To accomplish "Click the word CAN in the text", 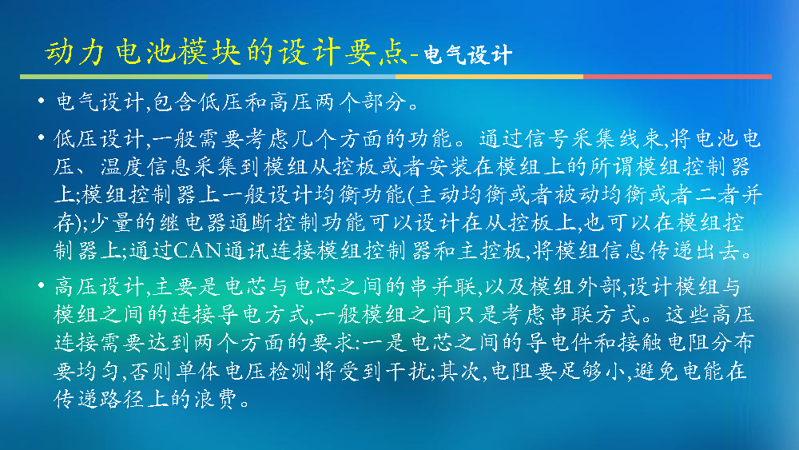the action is pos(197,250).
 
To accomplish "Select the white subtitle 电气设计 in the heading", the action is pos(467,55).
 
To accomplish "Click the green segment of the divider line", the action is pos(113,77).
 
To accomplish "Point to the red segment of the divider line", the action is pos(678,77).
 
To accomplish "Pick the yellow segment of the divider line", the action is pos(489,77).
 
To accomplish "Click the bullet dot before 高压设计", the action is pos(42,285).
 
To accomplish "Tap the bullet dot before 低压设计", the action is pos(42,137).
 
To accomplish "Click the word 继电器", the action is pos(195,223).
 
